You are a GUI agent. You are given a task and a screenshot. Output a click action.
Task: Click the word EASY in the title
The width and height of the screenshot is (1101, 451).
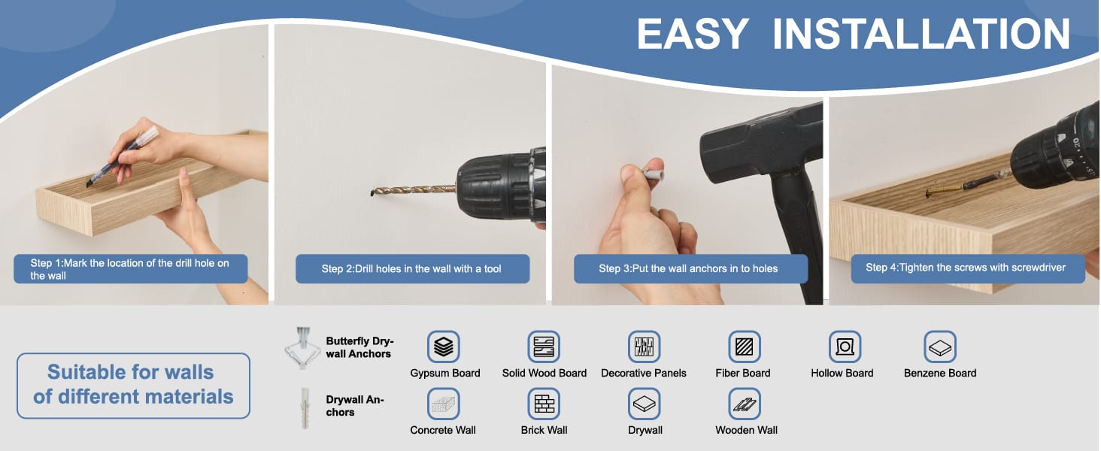click(x=693, y=34)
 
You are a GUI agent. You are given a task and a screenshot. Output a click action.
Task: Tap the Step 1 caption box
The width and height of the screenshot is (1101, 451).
click(x=130, y=269)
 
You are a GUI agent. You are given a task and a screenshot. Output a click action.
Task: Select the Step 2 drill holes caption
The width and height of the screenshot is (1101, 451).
click(x=412, y=269)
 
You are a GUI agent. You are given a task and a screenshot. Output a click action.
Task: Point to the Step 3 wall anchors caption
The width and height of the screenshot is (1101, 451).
click(x=690, y=269)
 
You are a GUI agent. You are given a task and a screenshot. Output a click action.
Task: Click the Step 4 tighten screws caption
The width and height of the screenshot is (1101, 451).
click(x=968, y=268)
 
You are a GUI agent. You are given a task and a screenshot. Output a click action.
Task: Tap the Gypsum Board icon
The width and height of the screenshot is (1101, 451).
click(x=444, y=347)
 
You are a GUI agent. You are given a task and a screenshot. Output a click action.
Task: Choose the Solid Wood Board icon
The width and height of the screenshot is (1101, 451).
click(x=544, y=347)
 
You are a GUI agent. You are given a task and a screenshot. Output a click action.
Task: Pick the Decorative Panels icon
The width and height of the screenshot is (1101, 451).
click(x=644, y=347)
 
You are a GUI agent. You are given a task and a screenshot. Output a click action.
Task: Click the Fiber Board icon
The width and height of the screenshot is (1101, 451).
click(x=745, y=347)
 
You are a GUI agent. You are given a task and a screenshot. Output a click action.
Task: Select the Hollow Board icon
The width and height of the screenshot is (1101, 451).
click(x=845, y=347)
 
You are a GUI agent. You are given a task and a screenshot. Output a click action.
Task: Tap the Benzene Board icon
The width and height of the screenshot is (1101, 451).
click(x=940, y=347)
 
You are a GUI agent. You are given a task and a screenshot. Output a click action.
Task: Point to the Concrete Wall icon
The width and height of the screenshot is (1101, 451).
click(x=444, y=404)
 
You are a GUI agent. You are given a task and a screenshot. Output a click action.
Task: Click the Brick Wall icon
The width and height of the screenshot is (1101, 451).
click(x=544, y=404)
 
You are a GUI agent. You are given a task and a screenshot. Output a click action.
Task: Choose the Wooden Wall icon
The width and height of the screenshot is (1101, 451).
click(x=745, y=404)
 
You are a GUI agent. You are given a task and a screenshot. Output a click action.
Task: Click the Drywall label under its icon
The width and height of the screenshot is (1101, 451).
click(x=645, y=431)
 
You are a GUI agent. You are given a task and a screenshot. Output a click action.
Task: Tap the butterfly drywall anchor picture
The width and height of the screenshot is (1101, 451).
click(x=302, y=348)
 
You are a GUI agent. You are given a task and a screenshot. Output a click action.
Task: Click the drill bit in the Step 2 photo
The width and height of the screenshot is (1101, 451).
click(x=414, y=189)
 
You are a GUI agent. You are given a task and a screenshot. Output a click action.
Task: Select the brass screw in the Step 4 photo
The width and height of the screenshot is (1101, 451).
click(x=945, y=189)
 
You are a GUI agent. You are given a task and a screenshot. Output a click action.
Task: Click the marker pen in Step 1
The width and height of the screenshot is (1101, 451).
click(x=122, y=156)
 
